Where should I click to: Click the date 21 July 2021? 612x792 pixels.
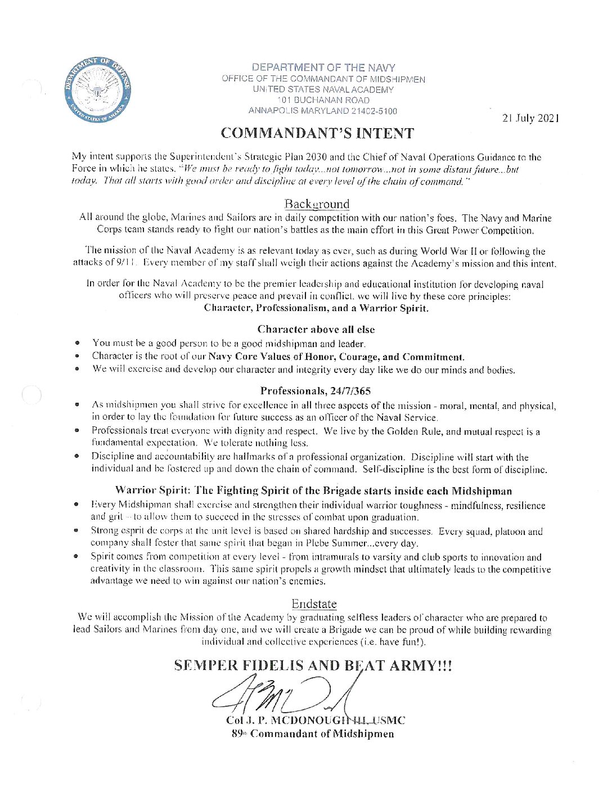(x=530, y=118)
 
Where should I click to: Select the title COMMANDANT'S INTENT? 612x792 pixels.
(x=317, y=133)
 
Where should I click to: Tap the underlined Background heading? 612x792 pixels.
(x=317, y=204)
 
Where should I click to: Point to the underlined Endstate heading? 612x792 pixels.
(x=314, y=604)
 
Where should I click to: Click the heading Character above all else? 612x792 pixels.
(x=316, y=330)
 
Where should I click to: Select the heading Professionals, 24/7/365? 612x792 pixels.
(x=316, y=391)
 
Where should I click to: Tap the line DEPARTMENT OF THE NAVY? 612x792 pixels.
(x=323, y=67)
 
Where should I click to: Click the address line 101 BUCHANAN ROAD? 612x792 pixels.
(x=323, y=100)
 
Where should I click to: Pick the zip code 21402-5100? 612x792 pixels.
(x=374, y=111)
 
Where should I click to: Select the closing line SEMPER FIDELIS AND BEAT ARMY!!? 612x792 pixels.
(x=313, y=666)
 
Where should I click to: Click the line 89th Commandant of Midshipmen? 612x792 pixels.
(x=313, y=734)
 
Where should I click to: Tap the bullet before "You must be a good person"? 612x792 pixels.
(x=77, y=343)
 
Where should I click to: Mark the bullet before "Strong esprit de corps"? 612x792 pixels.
(x=76, y=530)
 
